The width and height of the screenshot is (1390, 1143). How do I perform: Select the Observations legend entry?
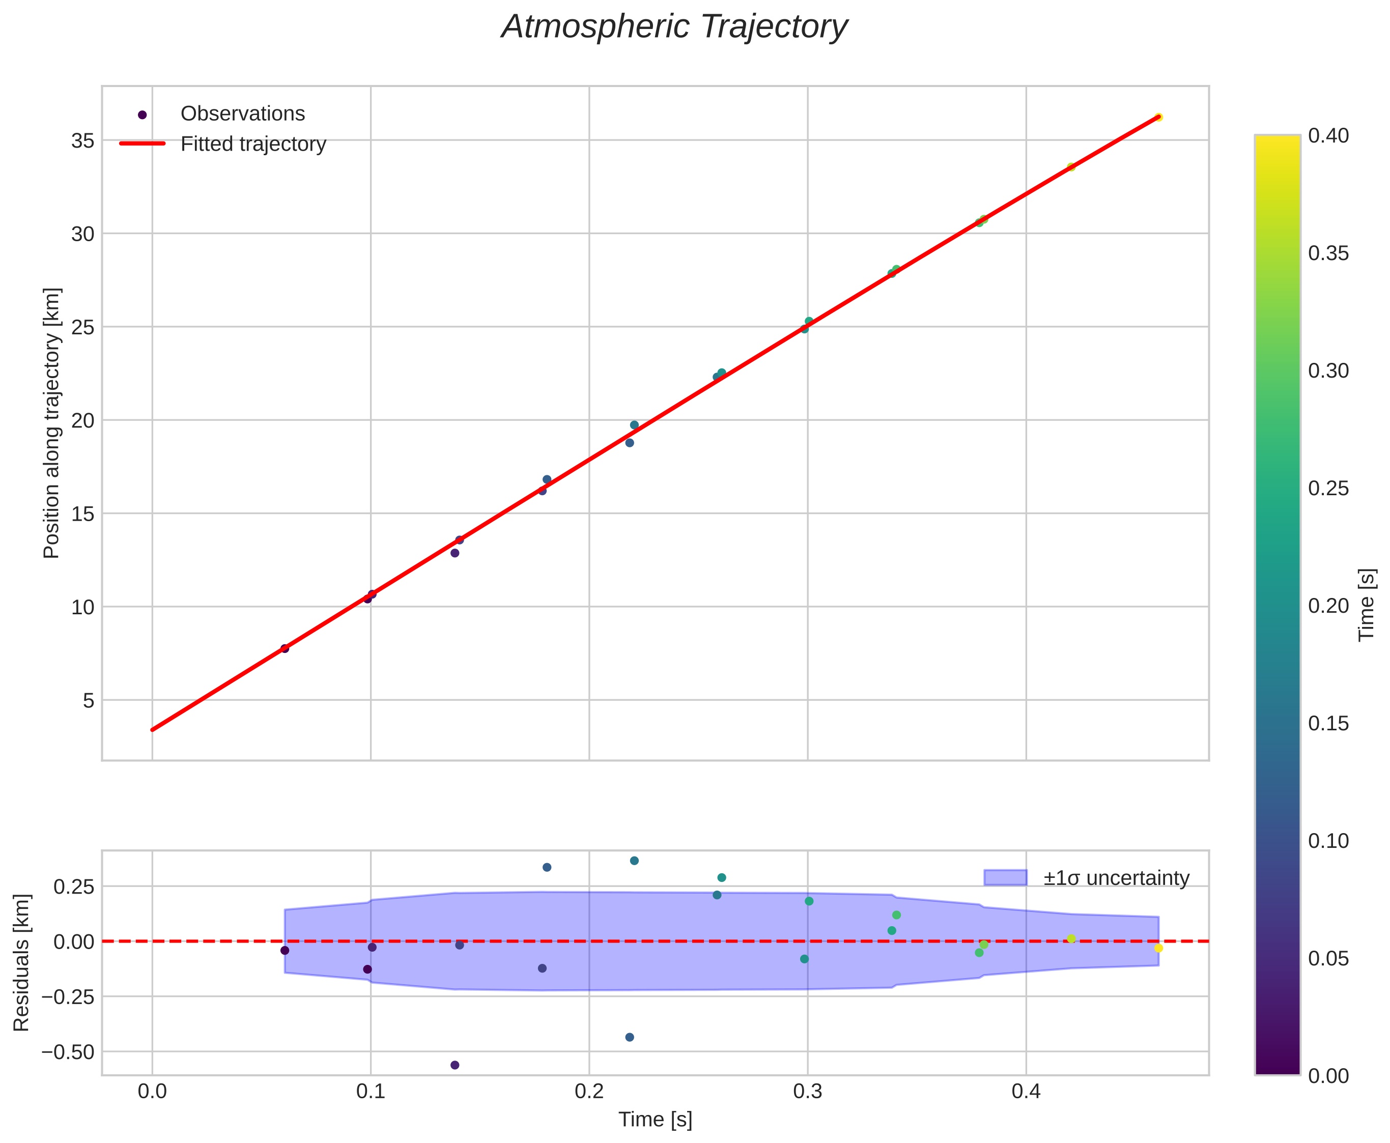[x=242, y=114]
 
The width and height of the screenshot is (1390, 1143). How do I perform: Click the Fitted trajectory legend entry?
[x=253, y=144]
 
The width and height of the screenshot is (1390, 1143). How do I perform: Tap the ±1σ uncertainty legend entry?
[x=1116, y=878]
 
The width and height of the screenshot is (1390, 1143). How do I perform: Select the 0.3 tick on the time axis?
[x=807, y=1092]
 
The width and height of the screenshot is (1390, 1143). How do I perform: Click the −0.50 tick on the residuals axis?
[x=67, y=1051]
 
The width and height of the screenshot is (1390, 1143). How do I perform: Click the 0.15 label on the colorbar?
[x=1327, y=724]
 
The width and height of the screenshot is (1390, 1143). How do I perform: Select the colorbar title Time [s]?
[x=1367, y=605]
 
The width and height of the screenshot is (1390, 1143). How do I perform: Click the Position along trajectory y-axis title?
[x=52, y=423]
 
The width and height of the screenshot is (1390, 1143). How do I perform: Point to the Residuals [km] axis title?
[x=22, y=963]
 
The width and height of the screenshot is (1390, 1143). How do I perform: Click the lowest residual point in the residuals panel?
[x=455, y=1065]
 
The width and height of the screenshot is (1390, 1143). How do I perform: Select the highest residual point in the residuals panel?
[x=634, y=861]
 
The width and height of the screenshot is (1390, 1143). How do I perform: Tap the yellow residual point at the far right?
[x=1158, y=948]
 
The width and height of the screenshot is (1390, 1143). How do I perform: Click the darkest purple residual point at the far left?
[x=285, y=950]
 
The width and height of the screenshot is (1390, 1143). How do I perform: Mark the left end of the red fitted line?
[x=153, y=730]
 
